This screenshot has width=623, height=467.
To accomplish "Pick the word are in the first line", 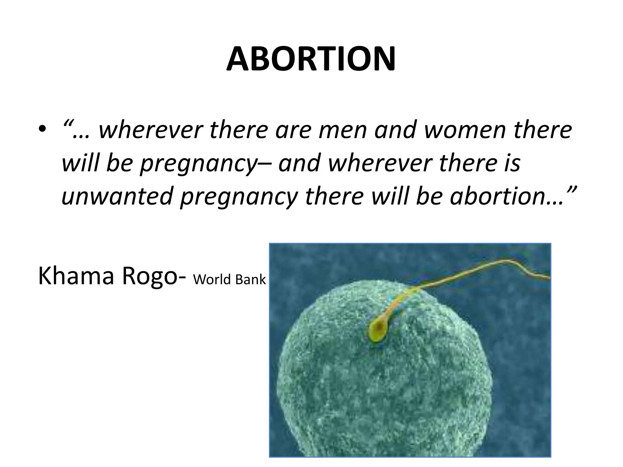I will [294, 130].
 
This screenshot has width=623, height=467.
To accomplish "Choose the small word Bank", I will [250, 279].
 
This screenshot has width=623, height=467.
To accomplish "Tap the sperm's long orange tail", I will [456, 274].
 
